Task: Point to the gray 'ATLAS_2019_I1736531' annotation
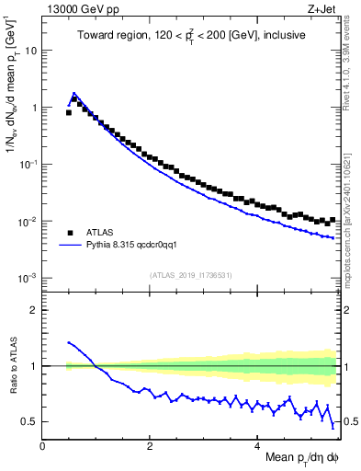coord(191,275)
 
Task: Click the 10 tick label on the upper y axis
coord(31,51)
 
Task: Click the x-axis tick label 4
coord(258,445)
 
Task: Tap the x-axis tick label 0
coord(42,445)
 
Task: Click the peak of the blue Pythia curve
coord(74,93)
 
